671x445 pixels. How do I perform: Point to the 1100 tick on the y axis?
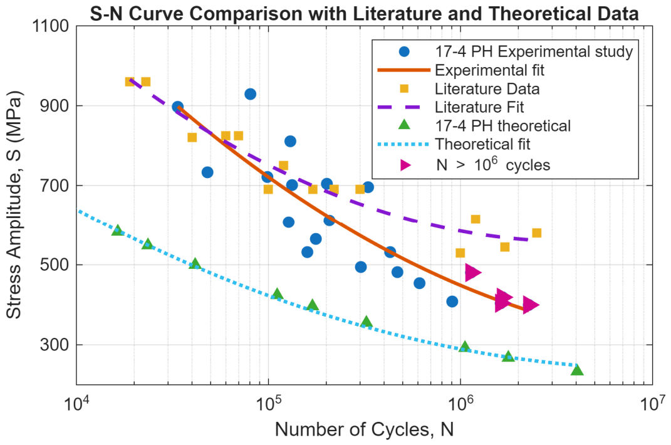pyautogui.click(x=51, y=26)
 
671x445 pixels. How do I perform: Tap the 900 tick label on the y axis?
pyautogui.click(x=55, y=106)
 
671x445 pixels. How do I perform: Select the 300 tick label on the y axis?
pyautogui.click(x=55, y=345)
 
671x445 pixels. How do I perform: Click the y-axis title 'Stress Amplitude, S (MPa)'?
pyautogui.click(x=14, y=205)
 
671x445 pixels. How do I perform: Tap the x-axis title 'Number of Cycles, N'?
pyautogui.click(x=364, y=429)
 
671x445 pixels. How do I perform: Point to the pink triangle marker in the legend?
pyautogui.click(x=405, y=165)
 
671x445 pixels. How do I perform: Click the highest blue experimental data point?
pyautogui.click(x=251, y=94)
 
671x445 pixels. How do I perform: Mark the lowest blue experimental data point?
pyautogui.click(x=452, y=301)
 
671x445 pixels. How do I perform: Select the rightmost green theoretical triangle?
pyautogui.click(x=577, y=370)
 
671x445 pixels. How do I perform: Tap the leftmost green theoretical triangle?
pyautogui.click(x=117, y=230)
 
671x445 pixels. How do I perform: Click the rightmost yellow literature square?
pyautogui.click(x=537, y=233)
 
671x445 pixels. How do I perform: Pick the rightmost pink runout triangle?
pyautogui.click(x=531, y=305)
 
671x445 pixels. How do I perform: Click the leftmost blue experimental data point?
pyautogui.click(x=177, y=107)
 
